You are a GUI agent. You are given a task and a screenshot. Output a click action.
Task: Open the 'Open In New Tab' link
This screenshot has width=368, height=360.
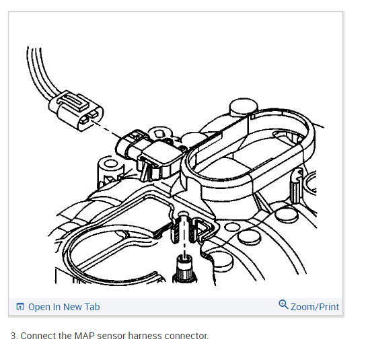[x=63, y=307]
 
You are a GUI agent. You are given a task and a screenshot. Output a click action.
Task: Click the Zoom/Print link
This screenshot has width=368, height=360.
[x=314, y=307]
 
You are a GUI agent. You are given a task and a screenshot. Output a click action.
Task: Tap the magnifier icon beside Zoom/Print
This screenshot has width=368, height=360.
[x=283, y=305]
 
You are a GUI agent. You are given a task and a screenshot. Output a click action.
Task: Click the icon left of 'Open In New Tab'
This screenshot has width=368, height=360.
[x=20, y=308]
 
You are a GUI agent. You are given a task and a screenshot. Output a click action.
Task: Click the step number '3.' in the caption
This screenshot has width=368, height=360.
[x=14, y=336]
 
